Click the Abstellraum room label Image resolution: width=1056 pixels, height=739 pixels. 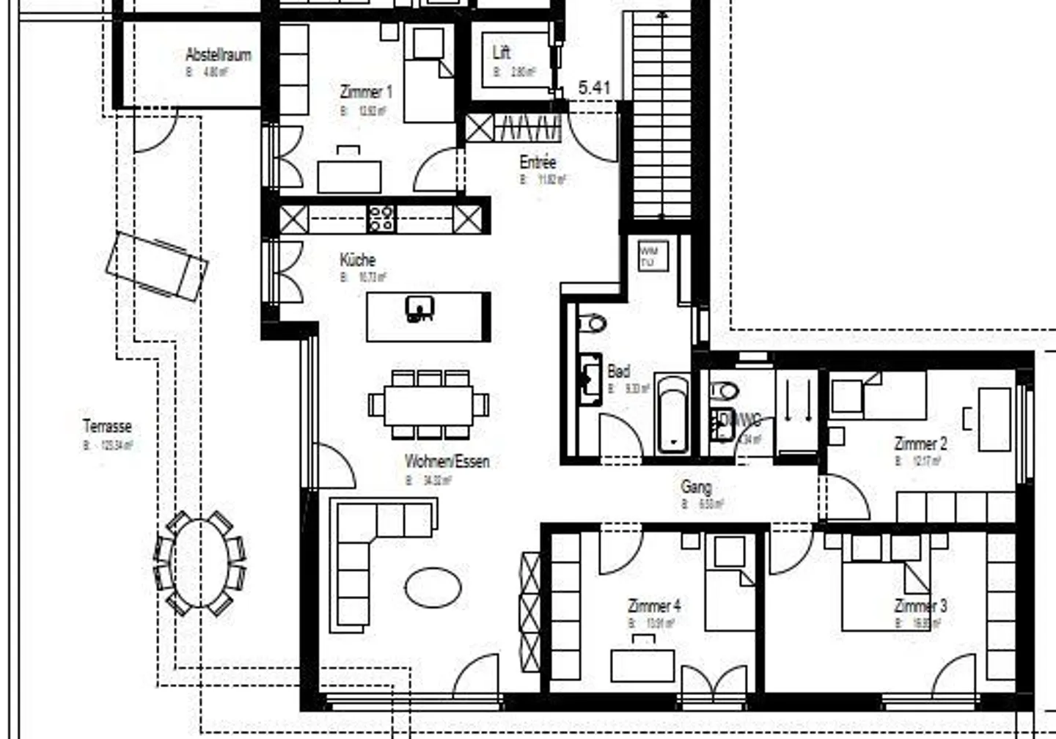(x=218, y=55)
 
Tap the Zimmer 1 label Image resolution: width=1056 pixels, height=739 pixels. (x=365, y=92)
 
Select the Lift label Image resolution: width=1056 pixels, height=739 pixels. (x=501, y=52)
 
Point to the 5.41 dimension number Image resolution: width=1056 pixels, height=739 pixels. (x=594, y=87)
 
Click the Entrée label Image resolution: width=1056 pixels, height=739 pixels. (x=538, y=162)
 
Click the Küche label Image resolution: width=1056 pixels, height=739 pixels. (x=357, y=260)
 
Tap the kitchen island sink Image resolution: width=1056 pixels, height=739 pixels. (x=419, y=308)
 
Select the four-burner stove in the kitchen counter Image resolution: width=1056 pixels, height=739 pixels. (x=381, y=218)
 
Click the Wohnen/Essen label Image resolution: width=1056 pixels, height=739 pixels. (x=447, y=461)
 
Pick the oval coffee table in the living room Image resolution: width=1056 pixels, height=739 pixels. (x=433, y=587)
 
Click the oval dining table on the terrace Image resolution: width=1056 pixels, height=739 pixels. (x=199, y=562)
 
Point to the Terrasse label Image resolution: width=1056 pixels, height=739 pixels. (x=107, y=426)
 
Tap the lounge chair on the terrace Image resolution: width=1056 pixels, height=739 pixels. (x=157, y=265)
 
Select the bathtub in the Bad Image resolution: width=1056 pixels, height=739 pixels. (x=672, y=414)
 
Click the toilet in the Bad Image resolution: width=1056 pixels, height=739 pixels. (x=593, y=323)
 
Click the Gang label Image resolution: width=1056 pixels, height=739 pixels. (x=695, y=486)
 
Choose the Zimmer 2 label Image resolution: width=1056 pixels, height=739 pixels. (x=920, y=444)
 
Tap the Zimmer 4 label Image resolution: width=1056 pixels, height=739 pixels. (x=653, y=606)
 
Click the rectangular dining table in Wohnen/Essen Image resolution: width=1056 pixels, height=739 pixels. (x=429, y=404)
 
